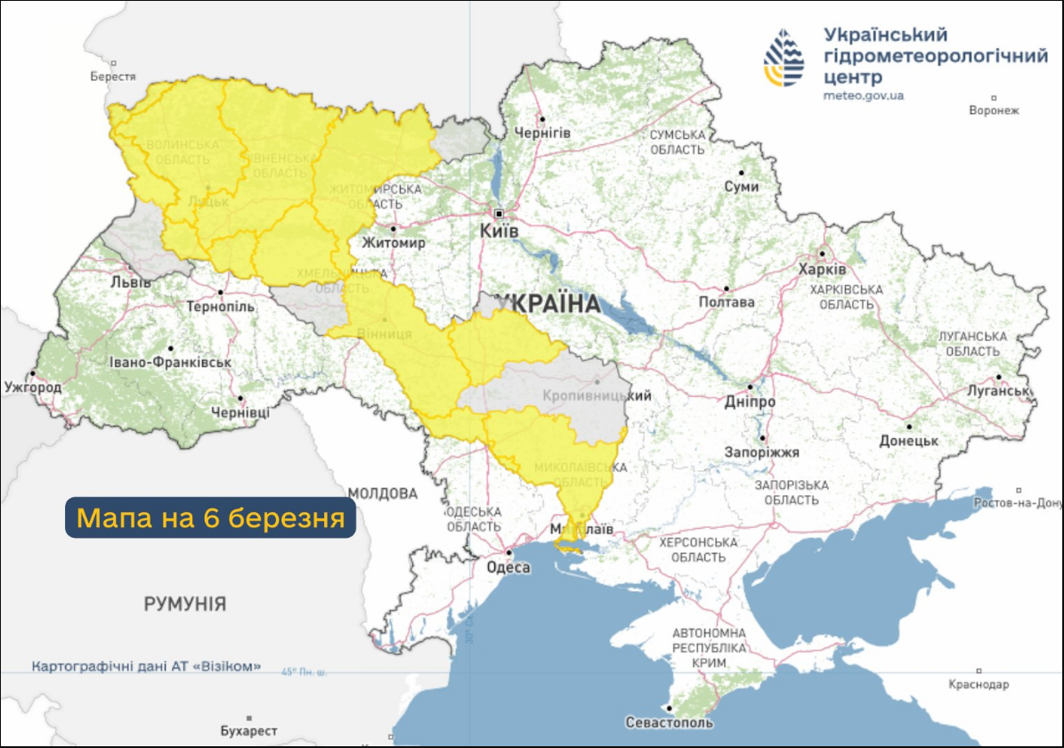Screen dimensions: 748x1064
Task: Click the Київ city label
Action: click(499, 231)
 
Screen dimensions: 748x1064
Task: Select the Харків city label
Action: click(822, 269)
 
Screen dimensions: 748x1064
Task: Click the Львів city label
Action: click(125, 282)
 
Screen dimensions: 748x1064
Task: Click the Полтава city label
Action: click(727, 302)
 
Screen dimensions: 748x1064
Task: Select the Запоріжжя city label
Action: click(767, 452)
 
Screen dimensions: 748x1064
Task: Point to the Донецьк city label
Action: click(909, 440)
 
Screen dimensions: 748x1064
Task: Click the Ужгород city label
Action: click(33, 387)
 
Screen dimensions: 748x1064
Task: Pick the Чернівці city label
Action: click(240, 412)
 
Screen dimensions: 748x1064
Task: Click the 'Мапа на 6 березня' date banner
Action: click(210, 517)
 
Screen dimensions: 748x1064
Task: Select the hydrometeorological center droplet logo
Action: click(784, 58)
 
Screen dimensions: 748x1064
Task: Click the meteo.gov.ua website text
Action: click(864, 95)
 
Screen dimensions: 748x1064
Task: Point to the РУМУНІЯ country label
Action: click(185, 604)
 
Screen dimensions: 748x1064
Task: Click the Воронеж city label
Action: click(994, 110)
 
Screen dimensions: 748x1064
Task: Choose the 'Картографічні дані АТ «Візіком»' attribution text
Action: click(147, 666)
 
